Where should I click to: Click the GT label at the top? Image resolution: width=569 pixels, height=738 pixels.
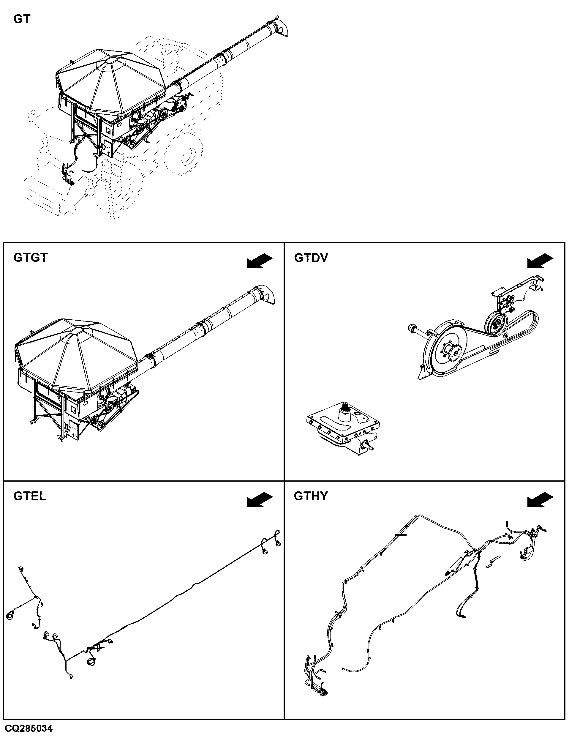tap(22, 19)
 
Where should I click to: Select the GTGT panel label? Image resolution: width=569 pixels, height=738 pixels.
tap(31, 258)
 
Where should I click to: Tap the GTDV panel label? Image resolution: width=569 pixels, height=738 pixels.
tap(311, 258)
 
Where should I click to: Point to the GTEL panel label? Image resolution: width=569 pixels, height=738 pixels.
tap(30, 496)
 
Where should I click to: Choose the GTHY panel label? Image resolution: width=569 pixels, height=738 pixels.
tap(311, 496)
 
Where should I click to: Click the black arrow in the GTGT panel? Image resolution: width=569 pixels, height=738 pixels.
tap(260, 261)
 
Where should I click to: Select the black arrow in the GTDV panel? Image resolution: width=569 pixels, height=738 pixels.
tap(540, 261)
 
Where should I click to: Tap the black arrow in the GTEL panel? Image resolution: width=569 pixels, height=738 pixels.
tap(260, 499)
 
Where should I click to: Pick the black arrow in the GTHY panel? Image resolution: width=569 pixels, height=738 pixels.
tap(540, 499)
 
